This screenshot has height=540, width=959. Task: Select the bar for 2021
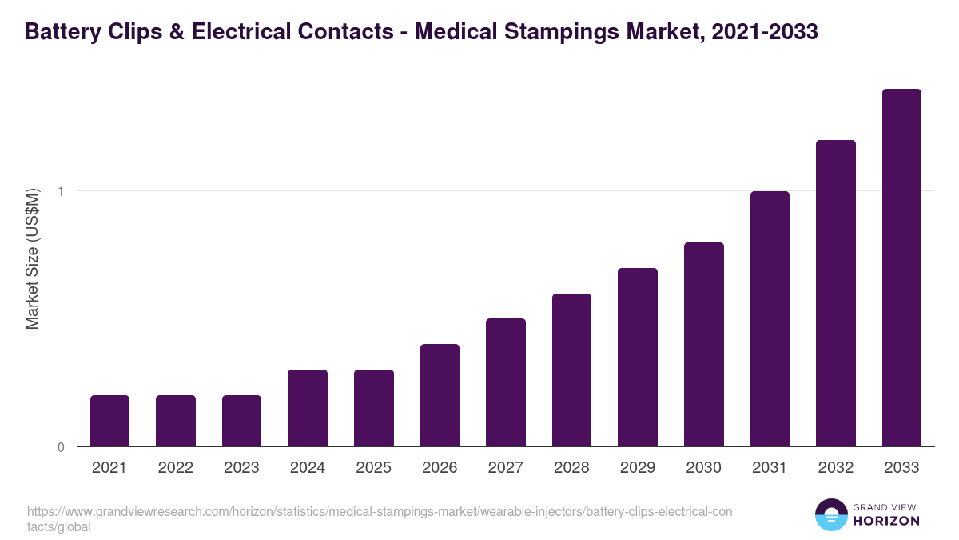point(109,421)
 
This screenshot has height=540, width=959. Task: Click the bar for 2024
point(308,408)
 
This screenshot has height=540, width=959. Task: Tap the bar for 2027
point(506,382)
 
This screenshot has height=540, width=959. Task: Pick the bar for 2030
point(704,344)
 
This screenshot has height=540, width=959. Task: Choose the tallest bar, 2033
point(901,268)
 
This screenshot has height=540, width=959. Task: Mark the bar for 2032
point(836,293)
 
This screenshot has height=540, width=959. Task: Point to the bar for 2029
point(638,357)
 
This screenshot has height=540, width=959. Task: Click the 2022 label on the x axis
point(175,468)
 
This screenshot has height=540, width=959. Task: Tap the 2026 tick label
point(440,468)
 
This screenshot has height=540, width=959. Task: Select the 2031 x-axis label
point(770,468)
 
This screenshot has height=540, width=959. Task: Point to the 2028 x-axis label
point(571,468)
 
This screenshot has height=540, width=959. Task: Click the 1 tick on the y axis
point(60,191)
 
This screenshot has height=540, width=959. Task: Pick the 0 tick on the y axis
point(60,447)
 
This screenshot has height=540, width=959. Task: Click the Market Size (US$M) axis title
point(32,259)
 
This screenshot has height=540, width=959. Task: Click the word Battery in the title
point(64,32)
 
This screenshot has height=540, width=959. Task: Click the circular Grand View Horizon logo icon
point(830,514)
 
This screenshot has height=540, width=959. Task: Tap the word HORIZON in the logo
point(887,521)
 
